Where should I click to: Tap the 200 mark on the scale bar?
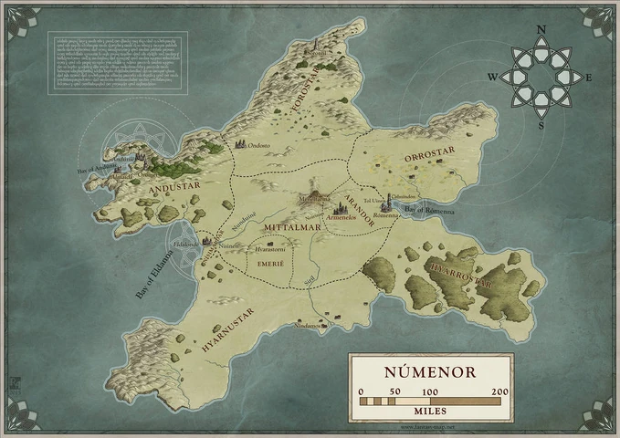point(499,392)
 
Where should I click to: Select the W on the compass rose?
point(492,78)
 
